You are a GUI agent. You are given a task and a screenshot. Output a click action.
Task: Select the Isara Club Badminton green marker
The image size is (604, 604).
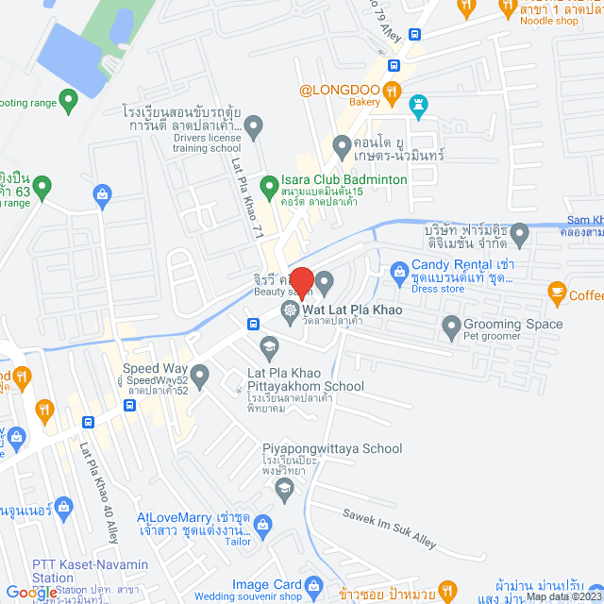click(269, 180)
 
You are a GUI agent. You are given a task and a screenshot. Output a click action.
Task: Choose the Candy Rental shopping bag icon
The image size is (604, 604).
click(399, 272)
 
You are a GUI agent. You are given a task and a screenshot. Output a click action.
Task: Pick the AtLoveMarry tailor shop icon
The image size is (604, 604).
click(262, 523)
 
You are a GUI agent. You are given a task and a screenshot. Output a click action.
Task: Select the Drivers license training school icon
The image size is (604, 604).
click(253, 124)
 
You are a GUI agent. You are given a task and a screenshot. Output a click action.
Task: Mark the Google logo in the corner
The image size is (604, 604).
click(28, 593)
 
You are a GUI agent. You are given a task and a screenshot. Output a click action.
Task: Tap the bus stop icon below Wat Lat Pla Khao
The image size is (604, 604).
click(253, 324)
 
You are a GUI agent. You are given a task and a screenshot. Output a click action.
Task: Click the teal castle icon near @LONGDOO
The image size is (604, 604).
click(420, 103)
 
